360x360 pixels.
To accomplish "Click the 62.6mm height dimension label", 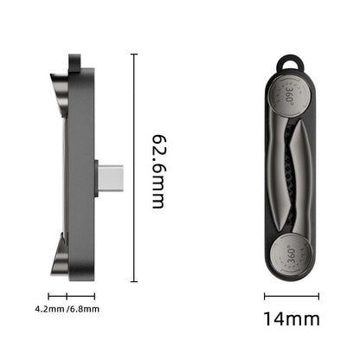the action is click(x=158, y=171).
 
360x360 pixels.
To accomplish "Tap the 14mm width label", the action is click(x=292, y=318).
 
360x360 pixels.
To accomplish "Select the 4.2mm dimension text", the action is click(x=49, y=309).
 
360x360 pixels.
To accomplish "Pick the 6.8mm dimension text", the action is click(x=85, y=309).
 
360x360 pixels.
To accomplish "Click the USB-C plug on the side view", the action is click(x=111, y=177).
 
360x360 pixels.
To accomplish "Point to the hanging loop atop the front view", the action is click(x=290, y=62).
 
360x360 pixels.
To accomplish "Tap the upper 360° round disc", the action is click(x=290, y=94).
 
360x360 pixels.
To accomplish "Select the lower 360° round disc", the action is click(x=291, y=254).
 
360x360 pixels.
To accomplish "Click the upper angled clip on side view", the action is click(x=60, y=93).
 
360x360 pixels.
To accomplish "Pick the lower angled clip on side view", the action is click(x=60, y=255).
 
